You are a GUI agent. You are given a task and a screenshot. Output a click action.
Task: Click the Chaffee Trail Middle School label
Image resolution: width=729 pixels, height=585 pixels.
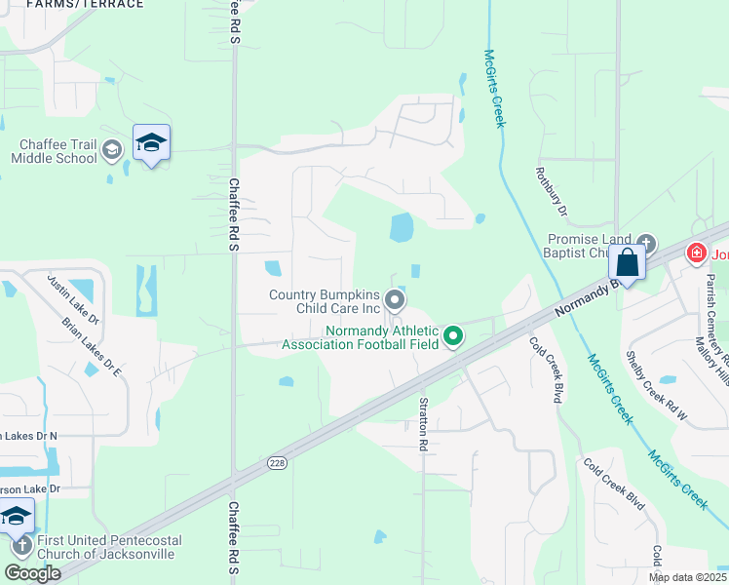(54, 151)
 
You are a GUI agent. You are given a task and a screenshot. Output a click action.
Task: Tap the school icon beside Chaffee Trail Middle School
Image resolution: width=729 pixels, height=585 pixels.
(151, 145)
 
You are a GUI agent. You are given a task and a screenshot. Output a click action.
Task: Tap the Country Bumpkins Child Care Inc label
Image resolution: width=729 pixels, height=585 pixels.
(324, 301)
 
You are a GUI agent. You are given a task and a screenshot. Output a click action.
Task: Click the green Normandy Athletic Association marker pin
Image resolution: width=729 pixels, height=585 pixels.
(453, 337)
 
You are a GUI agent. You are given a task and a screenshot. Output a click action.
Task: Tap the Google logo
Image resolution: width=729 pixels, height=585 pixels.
(32, 573)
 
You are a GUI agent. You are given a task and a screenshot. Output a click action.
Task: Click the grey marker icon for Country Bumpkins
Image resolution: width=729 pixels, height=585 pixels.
(395, 298)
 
